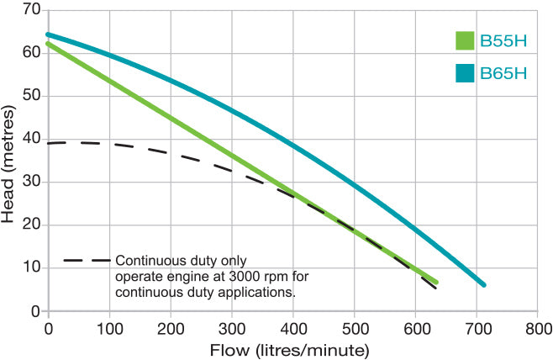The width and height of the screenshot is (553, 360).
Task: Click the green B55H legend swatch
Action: tap(465, 40)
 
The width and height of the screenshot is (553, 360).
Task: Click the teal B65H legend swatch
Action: tap(465, 73)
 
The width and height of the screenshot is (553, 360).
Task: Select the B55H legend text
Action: tap(503, 40)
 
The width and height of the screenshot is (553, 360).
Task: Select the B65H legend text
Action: tap(503, 73)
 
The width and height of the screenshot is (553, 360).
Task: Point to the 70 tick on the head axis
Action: tap(31, 9)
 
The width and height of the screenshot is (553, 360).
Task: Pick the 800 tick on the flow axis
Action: tap(538, 327)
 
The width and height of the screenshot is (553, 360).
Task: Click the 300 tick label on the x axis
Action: tap(232, 327)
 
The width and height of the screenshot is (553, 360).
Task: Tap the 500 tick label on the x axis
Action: tap(355, 327)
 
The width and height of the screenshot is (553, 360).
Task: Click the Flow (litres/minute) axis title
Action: tap(292, 348)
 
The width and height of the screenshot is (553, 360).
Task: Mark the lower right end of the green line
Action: tap(435, 281)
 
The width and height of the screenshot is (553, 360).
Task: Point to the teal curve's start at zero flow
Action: tap(49, 34)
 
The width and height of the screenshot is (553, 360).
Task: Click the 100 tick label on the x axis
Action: tap(109, 327)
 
